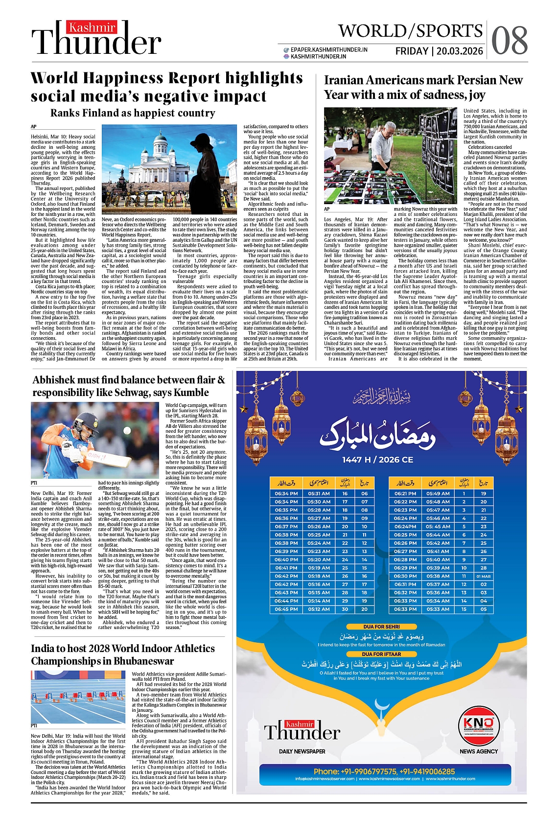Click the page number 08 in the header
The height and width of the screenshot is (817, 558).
click(x=509, y=40)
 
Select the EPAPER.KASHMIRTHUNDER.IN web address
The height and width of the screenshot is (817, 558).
click(x=329, y=49)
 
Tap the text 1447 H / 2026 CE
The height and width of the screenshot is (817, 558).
click(x=377, y=460)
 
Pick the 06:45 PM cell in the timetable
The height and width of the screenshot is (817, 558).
click(x=286, y=609)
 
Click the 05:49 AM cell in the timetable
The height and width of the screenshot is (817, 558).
click(x=438, y=493)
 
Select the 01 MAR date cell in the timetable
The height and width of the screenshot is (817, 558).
click(x=484, y=576)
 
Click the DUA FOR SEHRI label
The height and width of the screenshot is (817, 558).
click(x=381, y=627)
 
